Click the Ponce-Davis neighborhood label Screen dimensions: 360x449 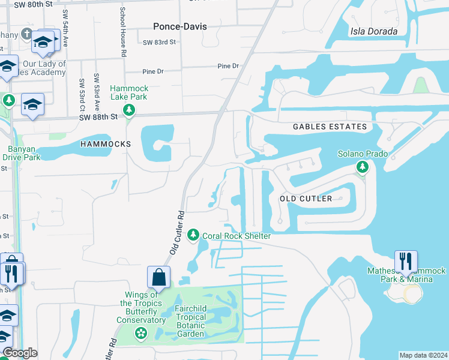coord(179,26)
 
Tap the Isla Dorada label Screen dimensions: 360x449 coord(373,31)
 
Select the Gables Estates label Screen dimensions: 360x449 coord(330,127)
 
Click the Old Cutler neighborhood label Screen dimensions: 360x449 coord(306,199)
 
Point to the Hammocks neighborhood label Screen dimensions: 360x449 coord(105,145)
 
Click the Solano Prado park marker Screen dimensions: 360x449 coord(361,167)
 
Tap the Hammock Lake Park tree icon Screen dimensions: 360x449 coord(128,110)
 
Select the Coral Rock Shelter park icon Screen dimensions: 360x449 coord(193,235)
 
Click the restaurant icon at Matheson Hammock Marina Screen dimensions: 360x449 coord(406,262)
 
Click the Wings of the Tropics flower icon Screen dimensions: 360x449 coord(141,334)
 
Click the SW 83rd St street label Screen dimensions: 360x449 coord(159,42)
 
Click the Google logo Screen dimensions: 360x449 coord(20,353)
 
